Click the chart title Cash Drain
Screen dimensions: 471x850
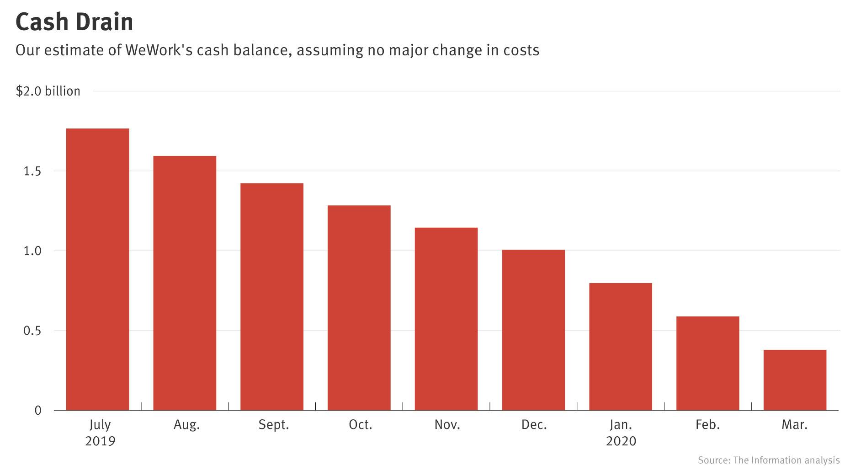(74, 22)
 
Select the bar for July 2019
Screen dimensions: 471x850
(97, 270)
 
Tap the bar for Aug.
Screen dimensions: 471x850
(185, 284)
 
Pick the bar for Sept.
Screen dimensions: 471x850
(272, 297)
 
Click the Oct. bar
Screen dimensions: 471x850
(359, 308)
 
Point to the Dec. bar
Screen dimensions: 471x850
(533, 330)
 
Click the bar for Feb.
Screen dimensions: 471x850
(708, 364)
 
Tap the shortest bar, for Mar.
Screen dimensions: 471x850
(795, 380)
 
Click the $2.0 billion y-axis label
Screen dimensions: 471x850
(48, 91)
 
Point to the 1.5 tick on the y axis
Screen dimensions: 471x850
(32, 171)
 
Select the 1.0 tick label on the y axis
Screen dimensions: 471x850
(32, 251)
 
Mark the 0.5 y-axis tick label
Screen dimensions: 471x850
(32, 331)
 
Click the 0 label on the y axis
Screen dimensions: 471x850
(38, 411)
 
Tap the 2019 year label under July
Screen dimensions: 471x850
(100, 441)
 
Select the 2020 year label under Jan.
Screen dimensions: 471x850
(621, 441)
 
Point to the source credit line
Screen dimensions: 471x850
(768, 460)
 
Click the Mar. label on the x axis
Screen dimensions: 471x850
(795, 425)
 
